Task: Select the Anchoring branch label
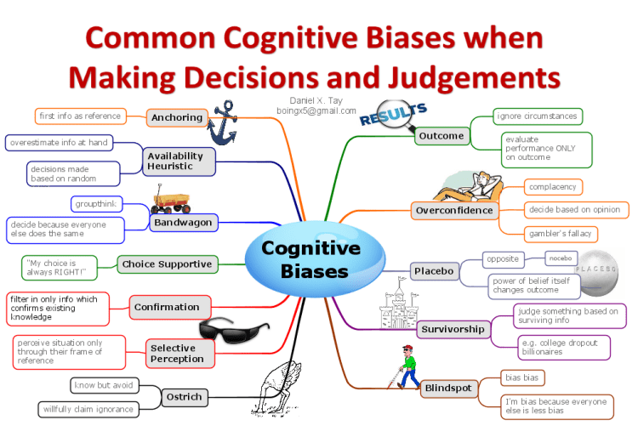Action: click(176, 117)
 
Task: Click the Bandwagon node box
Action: click(182, 223)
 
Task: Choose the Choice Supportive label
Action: click(166, 264)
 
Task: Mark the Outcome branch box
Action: click(441, 135)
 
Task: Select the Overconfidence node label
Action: click(453, 210)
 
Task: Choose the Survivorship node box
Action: click(452, 329)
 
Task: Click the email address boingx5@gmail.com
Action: click(316, 111)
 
